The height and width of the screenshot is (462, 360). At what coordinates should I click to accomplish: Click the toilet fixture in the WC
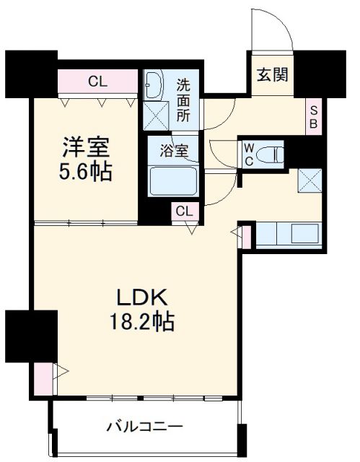coord(271,154)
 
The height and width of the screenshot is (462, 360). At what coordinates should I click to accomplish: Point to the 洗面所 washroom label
coord(184,100)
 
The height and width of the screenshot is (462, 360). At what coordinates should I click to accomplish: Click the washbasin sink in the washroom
coord(154,84)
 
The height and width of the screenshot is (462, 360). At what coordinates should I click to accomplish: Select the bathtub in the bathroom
coord(173,180)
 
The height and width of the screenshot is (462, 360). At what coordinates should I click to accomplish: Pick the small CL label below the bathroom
coord(183,211)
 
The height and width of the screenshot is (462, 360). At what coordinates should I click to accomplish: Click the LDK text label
coord(143,297)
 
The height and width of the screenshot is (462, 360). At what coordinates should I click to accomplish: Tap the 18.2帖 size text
coord(143,322)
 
